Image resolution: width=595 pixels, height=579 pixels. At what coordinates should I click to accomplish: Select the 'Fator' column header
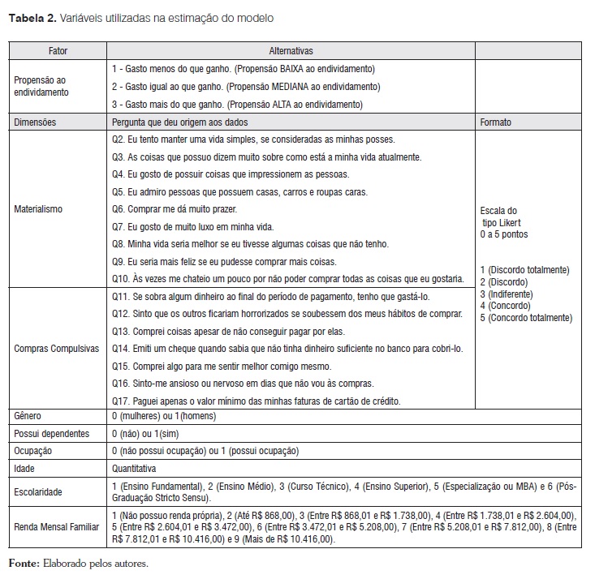(x=58, y=51)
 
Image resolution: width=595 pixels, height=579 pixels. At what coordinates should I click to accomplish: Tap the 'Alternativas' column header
(x=291, y=51)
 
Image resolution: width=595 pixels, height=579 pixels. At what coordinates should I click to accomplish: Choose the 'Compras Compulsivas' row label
(x=57, y=349)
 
